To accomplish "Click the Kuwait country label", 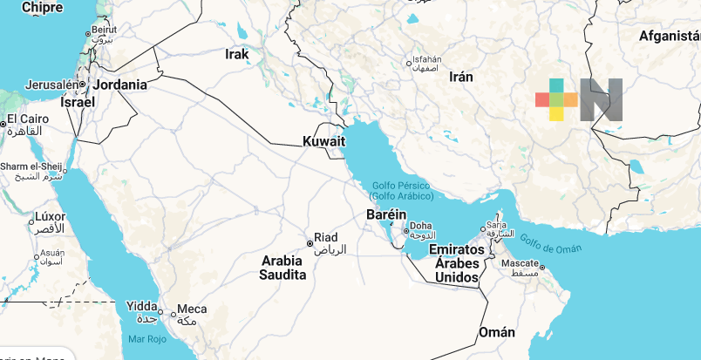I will pyautogui.click(x=324, y=141).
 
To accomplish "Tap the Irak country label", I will pyautogui.click(x=237, y=54).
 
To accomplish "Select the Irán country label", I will pyautogui.click(x=460, y=77).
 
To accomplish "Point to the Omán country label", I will pyautogui.click(x=496, y=332).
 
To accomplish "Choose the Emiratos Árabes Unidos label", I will pyautogui.click(x=458, y=263).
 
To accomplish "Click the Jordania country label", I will pyautogui.click(x=120, y=85).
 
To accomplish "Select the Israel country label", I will pyautogui.click(x=78, y=101).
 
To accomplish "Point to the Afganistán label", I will pyautogui.click(x=670, y=36).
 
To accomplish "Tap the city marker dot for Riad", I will pyautogui.click(x=309, y=243).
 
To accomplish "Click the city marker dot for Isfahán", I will pyautogui.click(x=409, y=63).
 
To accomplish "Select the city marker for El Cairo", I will pyautogui.click(x=4, y=125).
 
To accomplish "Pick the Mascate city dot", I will pyautogui.click(x=541, y=268).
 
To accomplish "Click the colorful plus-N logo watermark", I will pyautogui.click(x=579, y=98).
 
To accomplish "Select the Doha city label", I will pyautogui.click(x=421, y=226).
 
